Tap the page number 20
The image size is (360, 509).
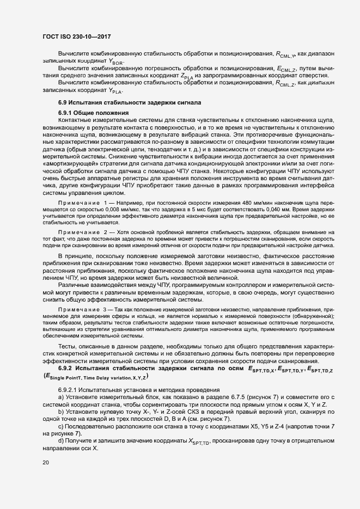pyautogui.click(x=45, y=462)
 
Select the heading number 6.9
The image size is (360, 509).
pyautogui.click(x=64, y=102)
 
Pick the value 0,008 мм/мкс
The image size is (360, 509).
pyautogui.click(x=100, y=209)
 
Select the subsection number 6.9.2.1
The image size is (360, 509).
pyautogui.click(x=68, y=390)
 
